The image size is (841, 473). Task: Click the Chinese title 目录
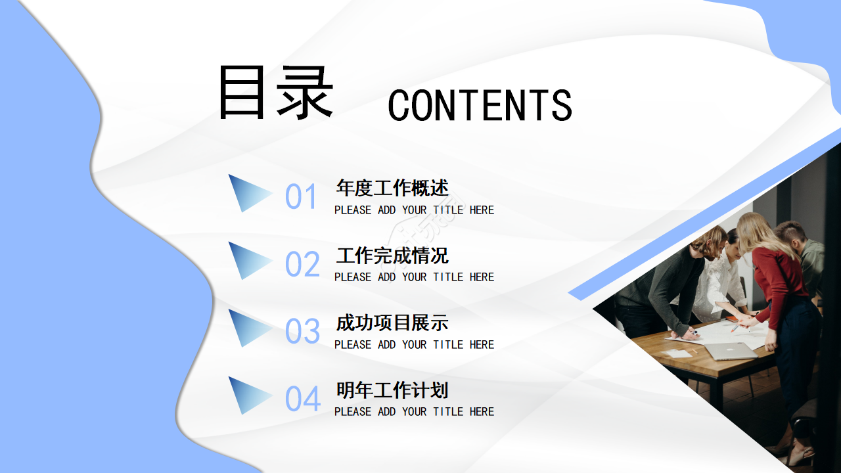coord(276,93)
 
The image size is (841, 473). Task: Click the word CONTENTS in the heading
coord(480,105)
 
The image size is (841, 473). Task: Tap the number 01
coord(302,196)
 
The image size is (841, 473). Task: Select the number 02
coord(302,264)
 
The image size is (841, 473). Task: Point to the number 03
coord(302,331)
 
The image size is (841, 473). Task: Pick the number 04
coord(302,399)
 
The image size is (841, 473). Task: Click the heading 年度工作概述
coord(392,189)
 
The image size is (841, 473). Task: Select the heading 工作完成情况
coord(392,256)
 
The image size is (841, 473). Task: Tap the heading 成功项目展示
coord(392,323)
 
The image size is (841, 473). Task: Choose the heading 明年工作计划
coord(392,390)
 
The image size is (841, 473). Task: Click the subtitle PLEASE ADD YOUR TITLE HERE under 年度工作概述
coord(414,210)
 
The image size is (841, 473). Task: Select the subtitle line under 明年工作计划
coord(414,412)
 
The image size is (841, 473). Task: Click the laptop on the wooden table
coord(731,351)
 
